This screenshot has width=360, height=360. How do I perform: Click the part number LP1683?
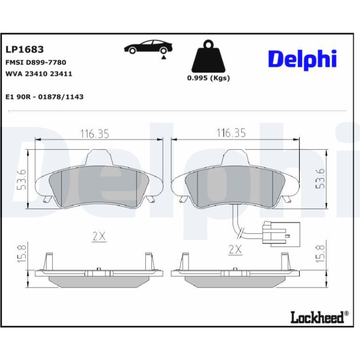click(x=24, y=50)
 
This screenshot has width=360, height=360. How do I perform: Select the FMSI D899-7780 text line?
click(x=36, y=63)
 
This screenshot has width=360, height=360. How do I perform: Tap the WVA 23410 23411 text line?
click(x=38, y=74)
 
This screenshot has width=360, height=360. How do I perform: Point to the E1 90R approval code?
click(x=44, y=97)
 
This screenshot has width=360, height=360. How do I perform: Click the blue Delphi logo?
click(x=302, y=60)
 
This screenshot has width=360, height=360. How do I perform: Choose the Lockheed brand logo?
click(x=319, y=317)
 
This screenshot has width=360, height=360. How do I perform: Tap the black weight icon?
click(x=209, y=56)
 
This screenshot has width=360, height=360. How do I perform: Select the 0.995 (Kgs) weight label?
click(x=209, y=78)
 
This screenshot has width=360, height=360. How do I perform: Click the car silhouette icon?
click(x=148, y=47)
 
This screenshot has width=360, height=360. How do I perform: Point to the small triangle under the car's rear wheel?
click(x=164, y=57)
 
